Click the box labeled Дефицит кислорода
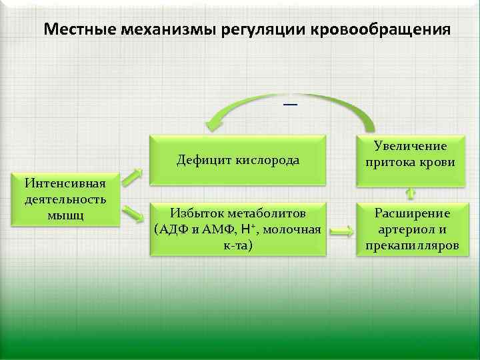coord(237,160)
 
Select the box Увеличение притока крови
coord(410,155)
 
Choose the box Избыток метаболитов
coord(237,229)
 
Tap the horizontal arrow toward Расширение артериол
coord(341,232)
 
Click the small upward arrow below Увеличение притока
coord(410,193)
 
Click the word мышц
coord(65,215)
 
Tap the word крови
coord(435,162)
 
